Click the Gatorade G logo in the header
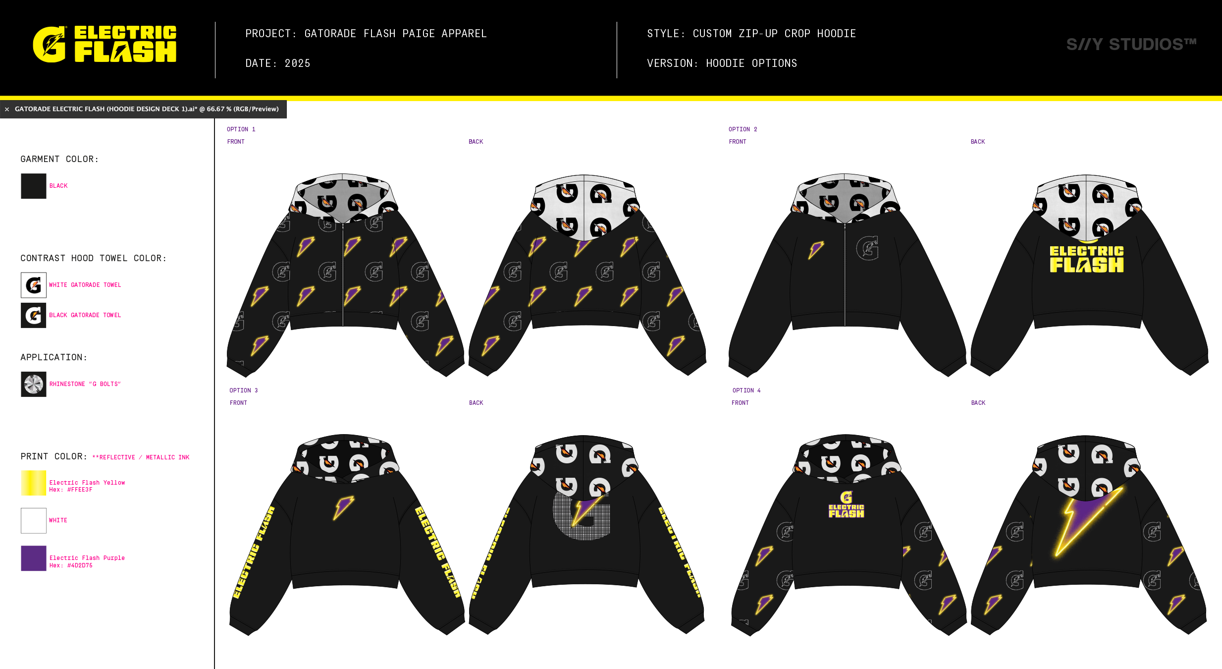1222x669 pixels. [49, 45]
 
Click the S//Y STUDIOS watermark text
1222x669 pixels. [1131, 45]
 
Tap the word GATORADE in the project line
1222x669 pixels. [330, 34]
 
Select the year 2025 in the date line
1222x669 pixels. [297, 63]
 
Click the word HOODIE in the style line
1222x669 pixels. [836, 34]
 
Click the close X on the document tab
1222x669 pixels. [7, 109]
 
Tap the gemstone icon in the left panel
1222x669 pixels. [34, 384]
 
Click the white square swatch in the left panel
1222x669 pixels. [34, 520]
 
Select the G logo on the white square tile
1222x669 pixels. [34, 285]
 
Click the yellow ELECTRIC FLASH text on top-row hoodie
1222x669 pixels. [1086, 259]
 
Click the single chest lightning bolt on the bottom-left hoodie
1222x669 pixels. [343, 507]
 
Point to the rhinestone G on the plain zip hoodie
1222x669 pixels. [867, 248]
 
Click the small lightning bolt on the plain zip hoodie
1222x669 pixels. [815, 250]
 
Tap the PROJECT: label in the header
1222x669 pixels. [270, 34]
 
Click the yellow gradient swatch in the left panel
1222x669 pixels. [35, 489]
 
